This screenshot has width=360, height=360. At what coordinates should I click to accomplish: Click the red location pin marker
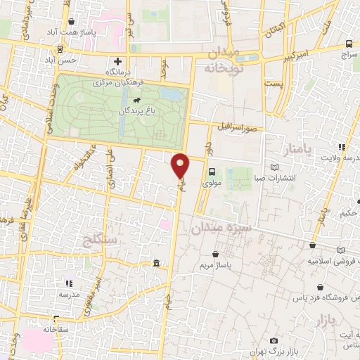[x=181, y=165]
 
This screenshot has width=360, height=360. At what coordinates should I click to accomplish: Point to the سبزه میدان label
[x=217, y=229]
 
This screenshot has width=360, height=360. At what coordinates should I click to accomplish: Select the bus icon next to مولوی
[x=212, y=171]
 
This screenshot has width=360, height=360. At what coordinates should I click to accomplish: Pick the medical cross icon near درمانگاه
[x=118, y=61]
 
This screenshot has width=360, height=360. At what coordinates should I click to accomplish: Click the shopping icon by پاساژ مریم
[x=215, y=254]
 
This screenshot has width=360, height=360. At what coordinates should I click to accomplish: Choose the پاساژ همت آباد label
[x=71, y=32]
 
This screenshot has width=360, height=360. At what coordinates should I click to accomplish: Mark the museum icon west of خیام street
[x=155, y=264]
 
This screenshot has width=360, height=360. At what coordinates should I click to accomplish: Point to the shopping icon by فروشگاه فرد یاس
[x=321, y=288]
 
